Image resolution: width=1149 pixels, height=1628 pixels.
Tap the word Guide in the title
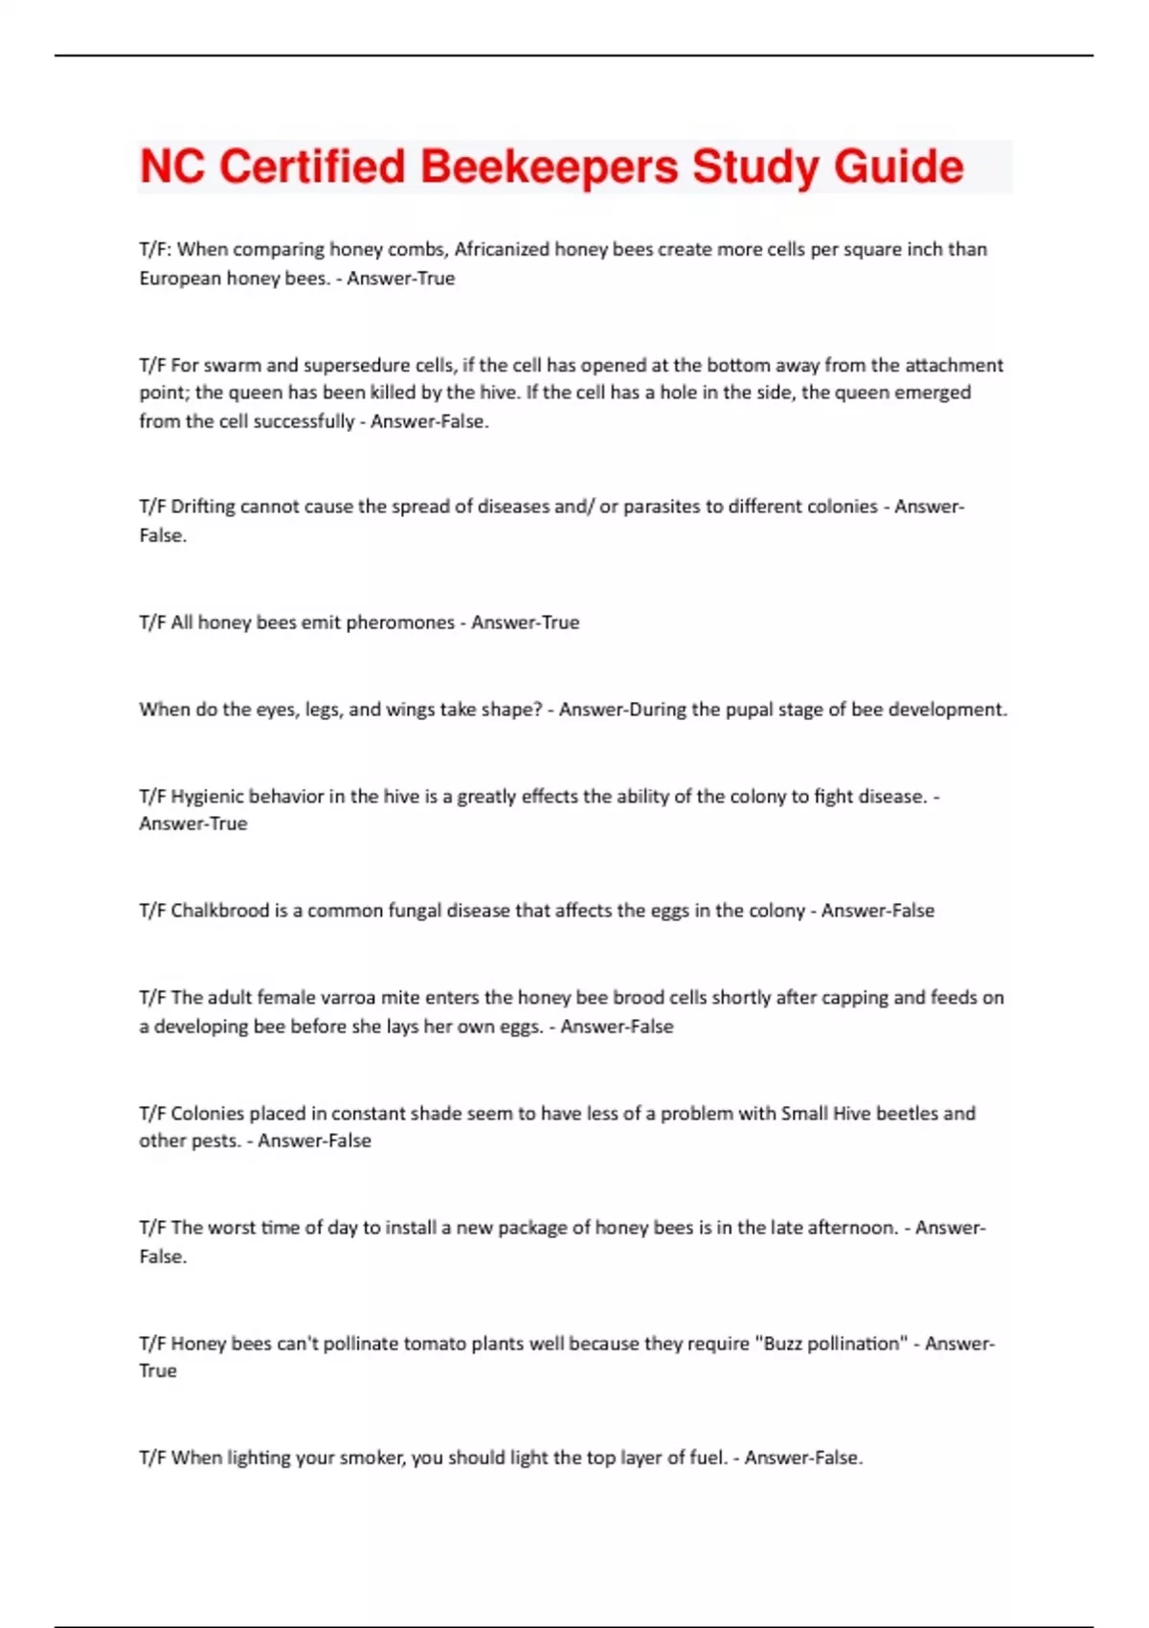898,167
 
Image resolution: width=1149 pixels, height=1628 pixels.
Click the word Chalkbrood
220,911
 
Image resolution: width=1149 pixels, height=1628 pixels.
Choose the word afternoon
845,1228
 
